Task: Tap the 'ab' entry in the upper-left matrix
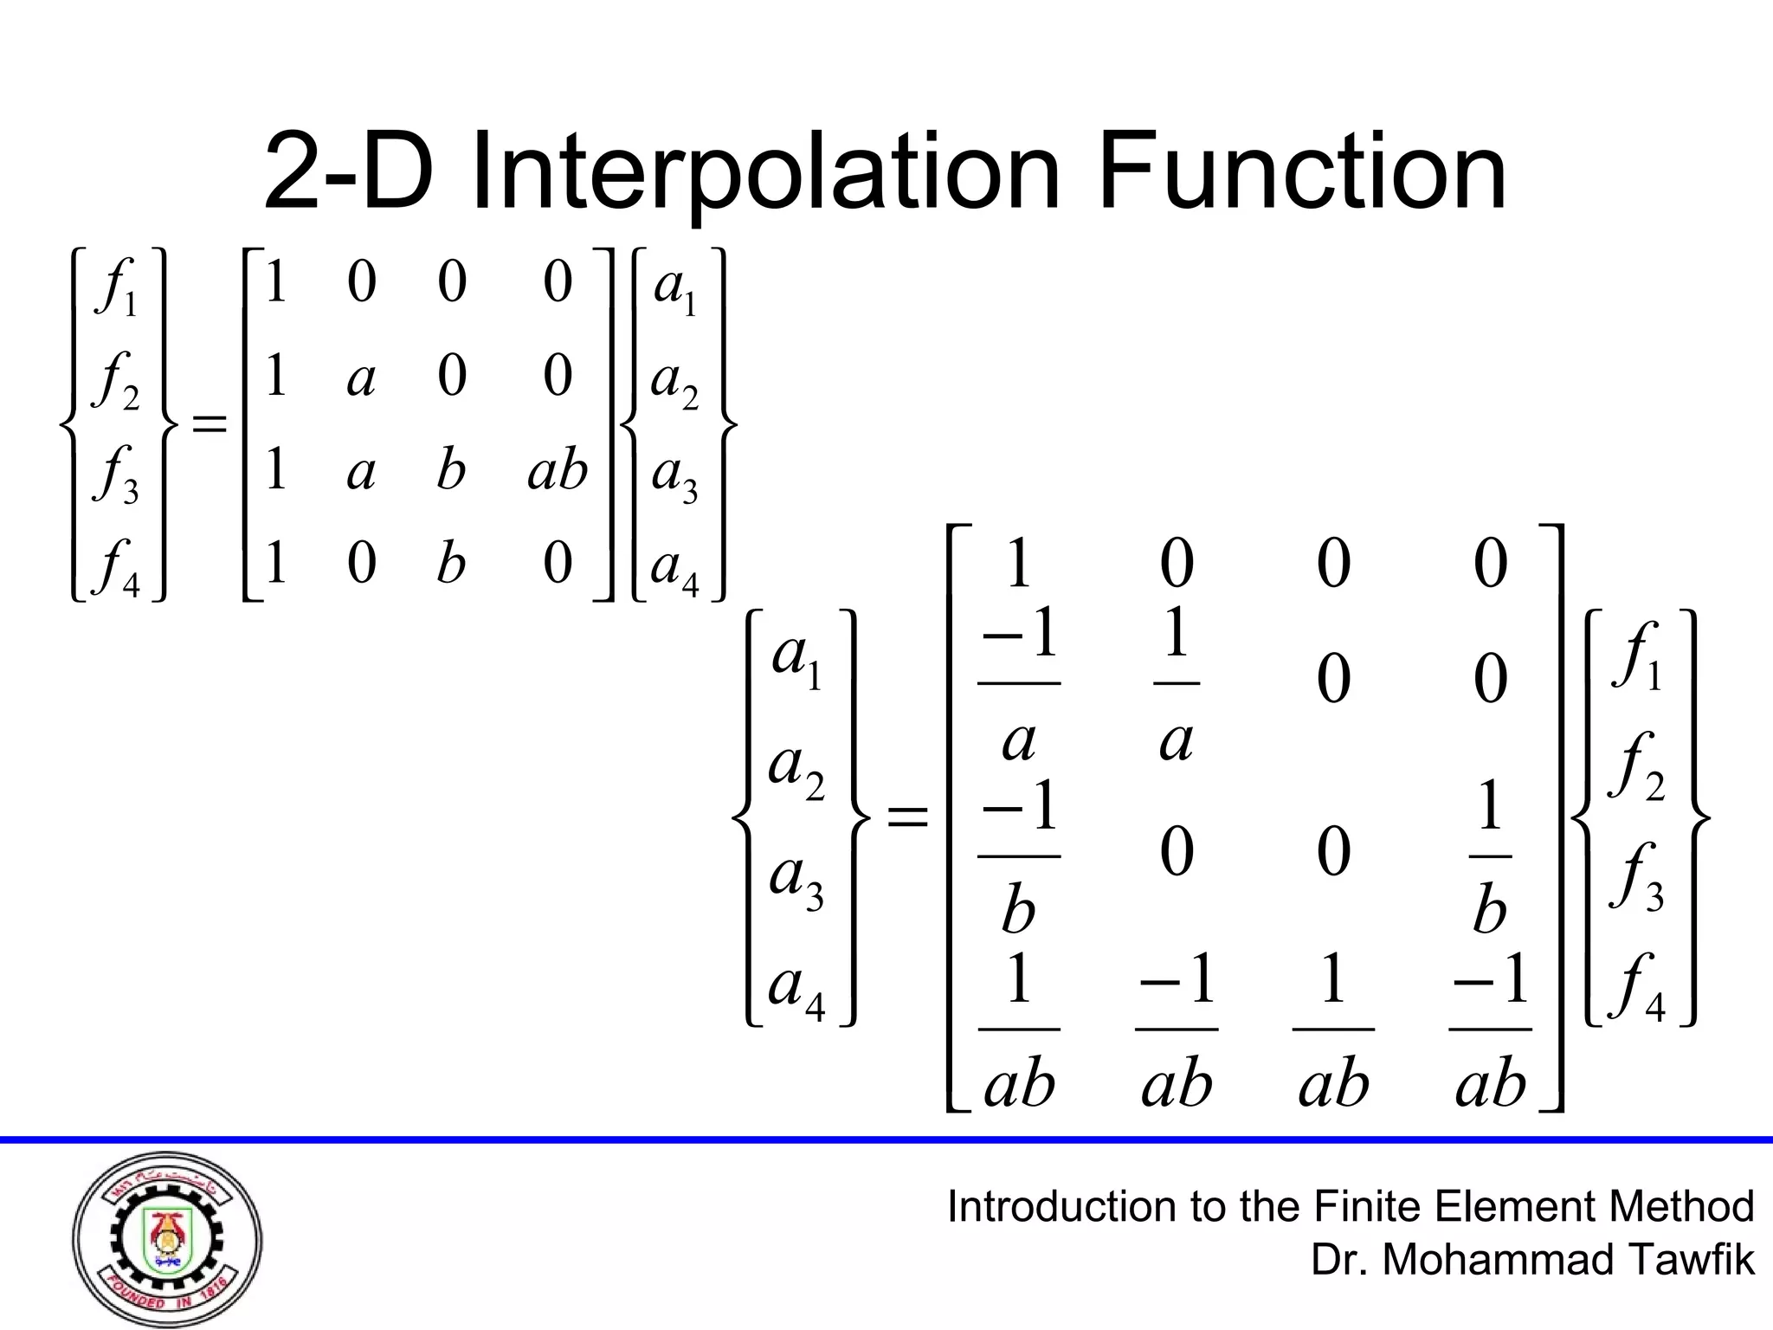coord(558,470)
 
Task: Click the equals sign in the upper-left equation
coord(209,424)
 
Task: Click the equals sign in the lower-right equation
coord(907,817)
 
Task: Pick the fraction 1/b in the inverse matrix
coord(1490,855)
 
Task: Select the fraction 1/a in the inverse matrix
coord(1177,684)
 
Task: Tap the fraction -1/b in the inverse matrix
coord(1019,855)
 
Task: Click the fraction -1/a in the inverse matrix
coord(1019,684)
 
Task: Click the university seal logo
coord(167,1239)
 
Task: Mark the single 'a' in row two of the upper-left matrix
coord(361,378)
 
